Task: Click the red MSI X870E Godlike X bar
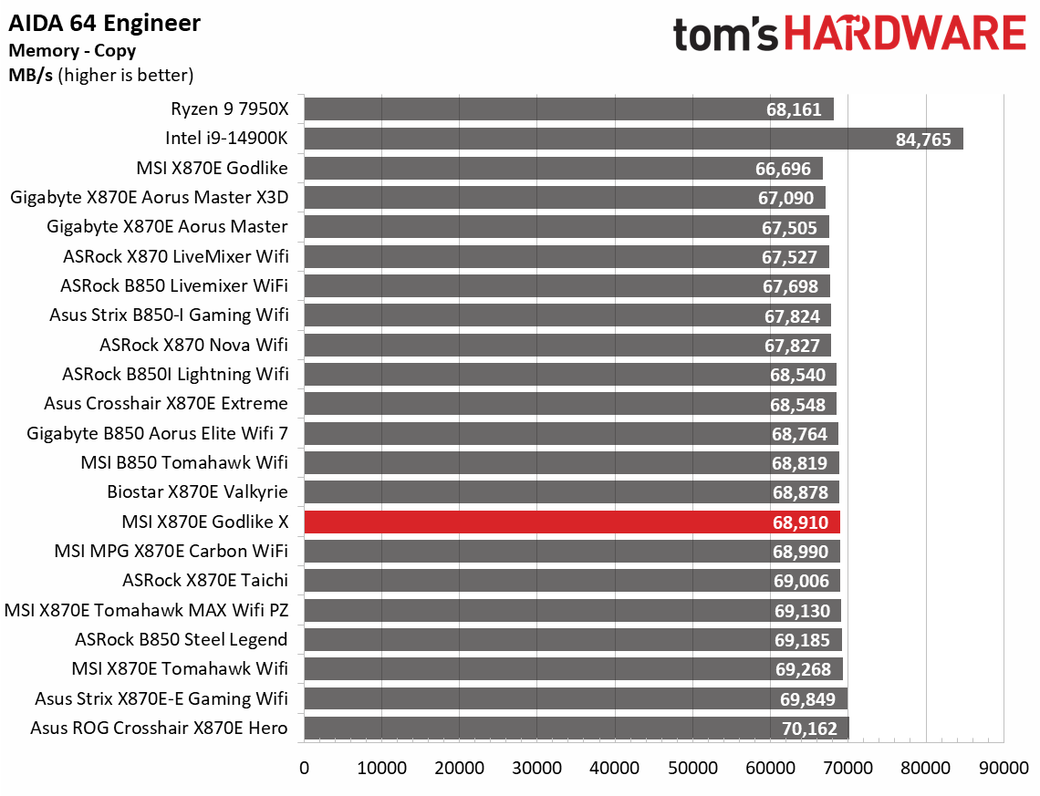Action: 571,522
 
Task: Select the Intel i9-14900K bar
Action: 633,139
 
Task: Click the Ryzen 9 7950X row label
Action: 229,109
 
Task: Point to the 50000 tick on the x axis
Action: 692,768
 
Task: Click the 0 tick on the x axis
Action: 304,768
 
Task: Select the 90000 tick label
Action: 1004,768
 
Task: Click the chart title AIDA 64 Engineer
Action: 106,23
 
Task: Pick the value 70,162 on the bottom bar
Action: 810,729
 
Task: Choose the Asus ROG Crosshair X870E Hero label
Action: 159,728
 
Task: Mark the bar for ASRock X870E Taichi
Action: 571,581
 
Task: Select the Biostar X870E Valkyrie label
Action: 197,492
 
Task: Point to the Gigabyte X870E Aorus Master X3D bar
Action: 564,198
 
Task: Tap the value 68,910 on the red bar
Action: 801,522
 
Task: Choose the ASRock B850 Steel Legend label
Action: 182,639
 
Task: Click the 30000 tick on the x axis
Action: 537,768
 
